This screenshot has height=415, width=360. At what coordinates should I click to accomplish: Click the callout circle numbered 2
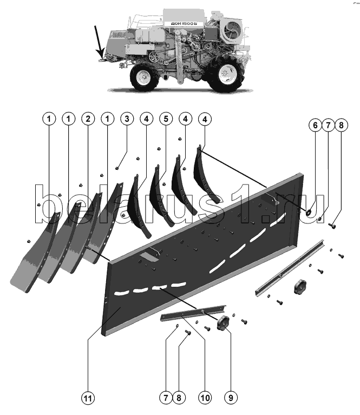coord(88,118)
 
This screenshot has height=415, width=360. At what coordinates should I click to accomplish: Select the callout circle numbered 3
coord(127,118)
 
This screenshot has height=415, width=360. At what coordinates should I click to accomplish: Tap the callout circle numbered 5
coord(166,118)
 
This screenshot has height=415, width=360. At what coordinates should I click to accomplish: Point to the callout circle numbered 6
coord(315,125)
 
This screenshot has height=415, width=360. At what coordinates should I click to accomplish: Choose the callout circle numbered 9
coord(231,398)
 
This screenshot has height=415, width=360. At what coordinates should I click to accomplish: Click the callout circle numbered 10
coord(205,398)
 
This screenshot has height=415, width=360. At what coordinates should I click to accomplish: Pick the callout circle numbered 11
coord(88,398)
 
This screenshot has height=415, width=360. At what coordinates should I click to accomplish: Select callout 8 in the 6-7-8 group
coord(341,125)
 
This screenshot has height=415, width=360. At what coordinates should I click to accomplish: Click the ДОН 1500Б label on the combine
coord(184,23)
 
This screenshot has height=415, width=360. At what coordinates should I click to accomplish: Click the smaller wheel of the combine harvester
coord(144,77)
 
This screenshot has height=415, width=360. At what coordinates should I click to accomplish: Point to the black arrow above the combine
coord(99,42)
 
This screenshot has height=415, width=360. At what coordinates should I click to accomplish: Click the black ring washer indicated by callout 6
coord(309,212)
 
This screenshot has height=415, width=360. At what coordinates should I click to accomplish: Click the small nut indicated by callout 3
coord(117,168)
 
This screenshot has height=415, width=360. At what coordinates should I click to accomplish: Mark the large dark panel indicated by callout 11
coord(202,254)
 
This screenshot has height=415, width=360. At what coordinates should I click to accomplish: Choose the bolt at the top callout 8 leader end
coord(332,226)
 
